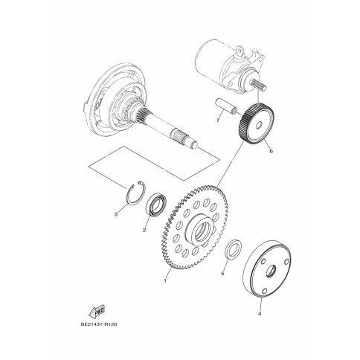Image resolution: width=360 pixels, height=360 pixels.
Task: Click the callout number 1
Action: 165,280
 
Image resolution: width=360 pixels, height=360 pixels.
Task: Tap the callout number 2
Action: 144,230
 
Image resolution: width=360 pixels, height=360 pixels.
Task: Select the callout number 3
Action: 115,214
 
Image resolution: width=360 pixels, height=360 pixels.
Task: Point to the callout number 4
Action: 260,314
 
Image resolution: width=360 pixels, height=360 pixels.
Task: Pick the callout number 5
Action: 222,274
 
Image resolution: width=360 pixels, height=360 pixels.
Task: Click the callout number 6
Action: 271,151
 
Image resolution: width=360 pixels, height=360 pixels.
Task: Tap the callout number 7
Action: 218,120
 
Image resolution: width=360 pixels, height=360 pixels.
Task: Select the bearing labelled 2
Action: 156,203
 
